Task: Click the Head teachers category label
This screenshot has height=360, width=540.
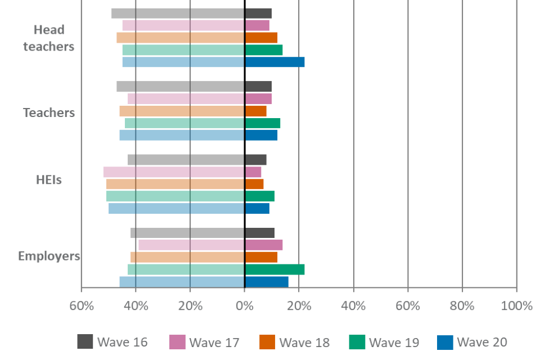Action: [x=49, y=38]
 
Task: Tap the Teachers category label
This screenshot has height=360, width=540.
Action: [x=49, y=112]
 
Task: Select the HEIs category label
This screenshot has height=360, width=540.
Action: [x=49, y=181]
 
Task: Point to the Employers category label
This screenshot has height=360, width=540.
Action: [x=49, y=256]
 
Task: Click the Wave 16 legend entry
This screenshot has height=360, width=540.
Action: [x=112, y=342]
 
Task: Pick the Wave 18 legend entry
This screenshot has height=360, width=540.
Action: [x=295, y=342]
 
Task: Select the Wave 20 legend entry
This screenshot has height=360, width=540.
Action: [x=472, y=342]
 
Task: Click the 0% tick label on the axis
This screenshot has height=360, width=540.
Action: [x=244, y=307]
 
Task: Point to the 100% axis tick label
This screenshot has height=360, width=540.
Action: [x=516, y=307]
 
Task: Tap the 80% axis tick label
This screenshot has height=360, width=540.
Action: [x=462, y=307]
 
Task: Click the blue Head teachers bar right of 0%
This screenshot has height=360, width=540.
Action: [x=275, y=62]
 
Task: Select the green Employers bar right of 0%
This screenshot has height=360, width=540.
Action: [x=275, y=269]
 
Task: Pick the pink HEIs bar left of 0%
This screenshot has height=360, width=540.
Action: [x=173, y=172]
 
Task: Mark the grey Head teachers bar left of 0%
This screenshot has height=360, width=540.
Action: [x=177, y=13]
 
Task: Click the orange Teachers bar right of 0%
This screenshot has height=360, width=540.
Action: [x=256, y=111]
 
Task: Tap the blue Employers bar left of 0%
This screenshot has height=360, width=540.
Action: [x=181, y=281]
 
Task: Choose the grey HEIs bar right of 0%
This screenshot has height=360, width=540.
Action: [x=256, y=160]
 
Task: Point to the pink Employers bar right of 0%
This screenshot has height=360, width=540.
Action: [x=264, y=245]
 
